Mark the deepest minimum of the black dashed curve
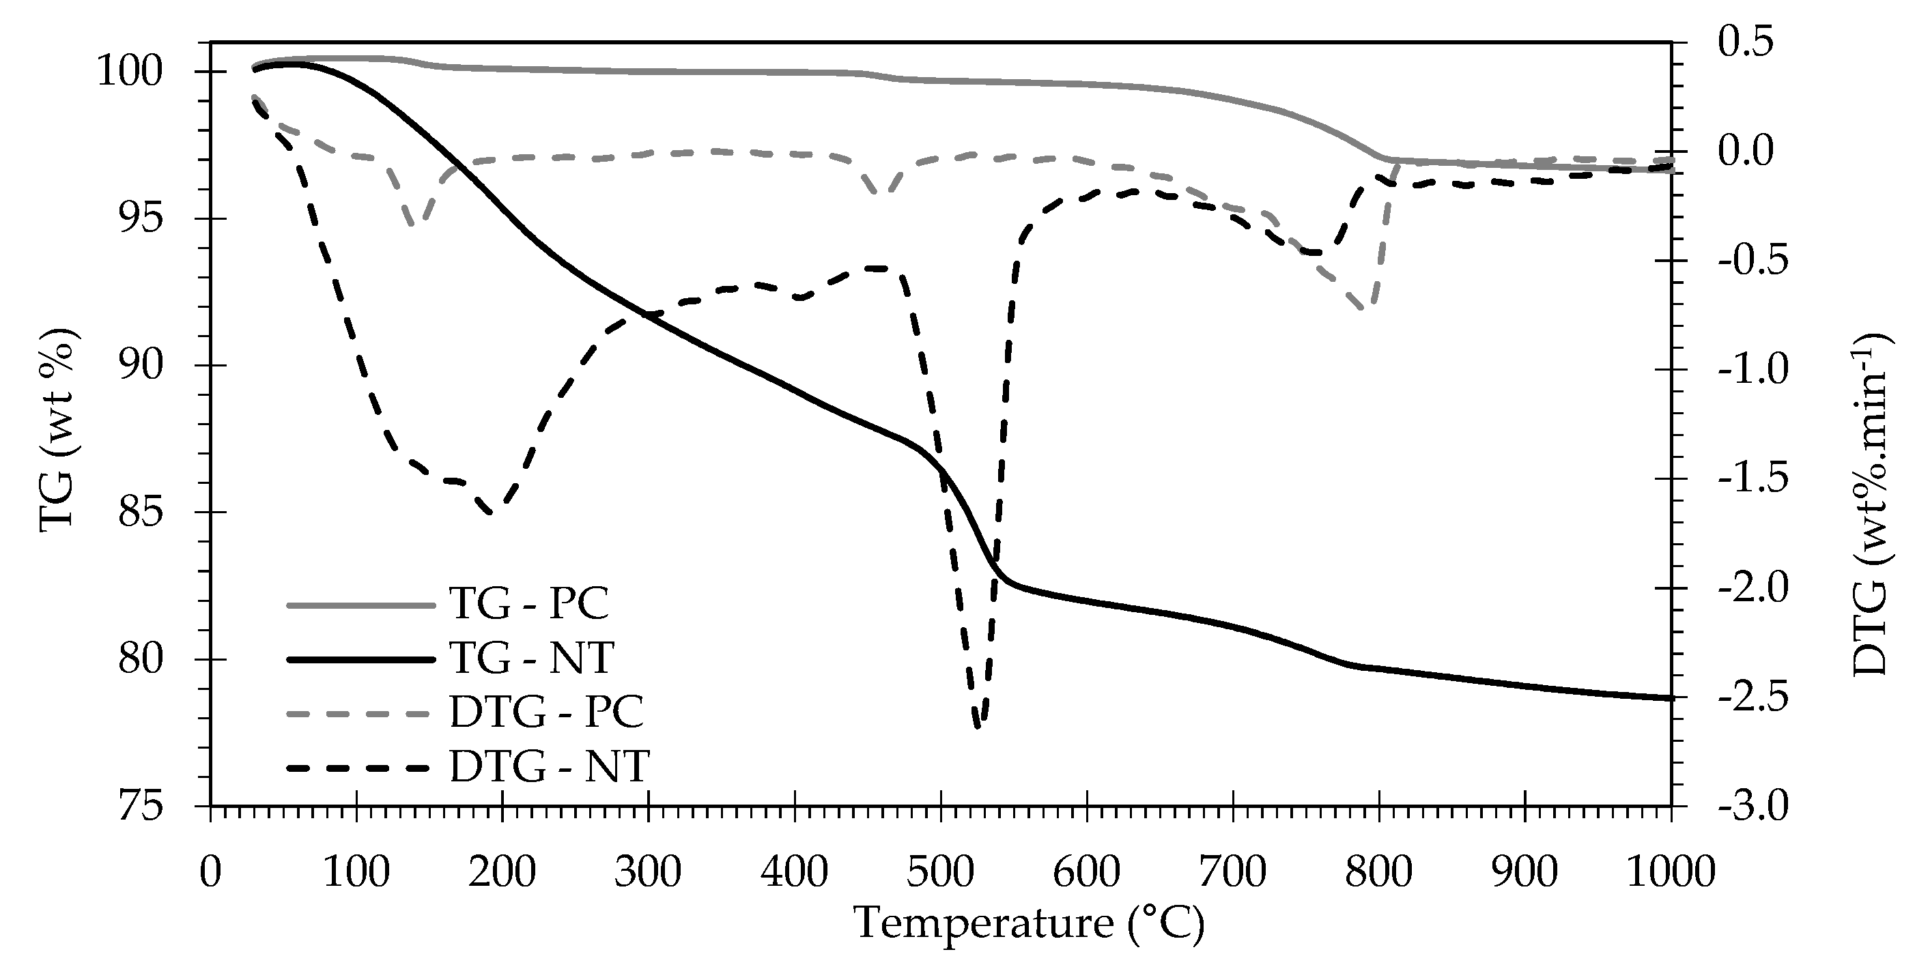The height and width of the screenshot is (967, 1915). pos(978,727)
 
